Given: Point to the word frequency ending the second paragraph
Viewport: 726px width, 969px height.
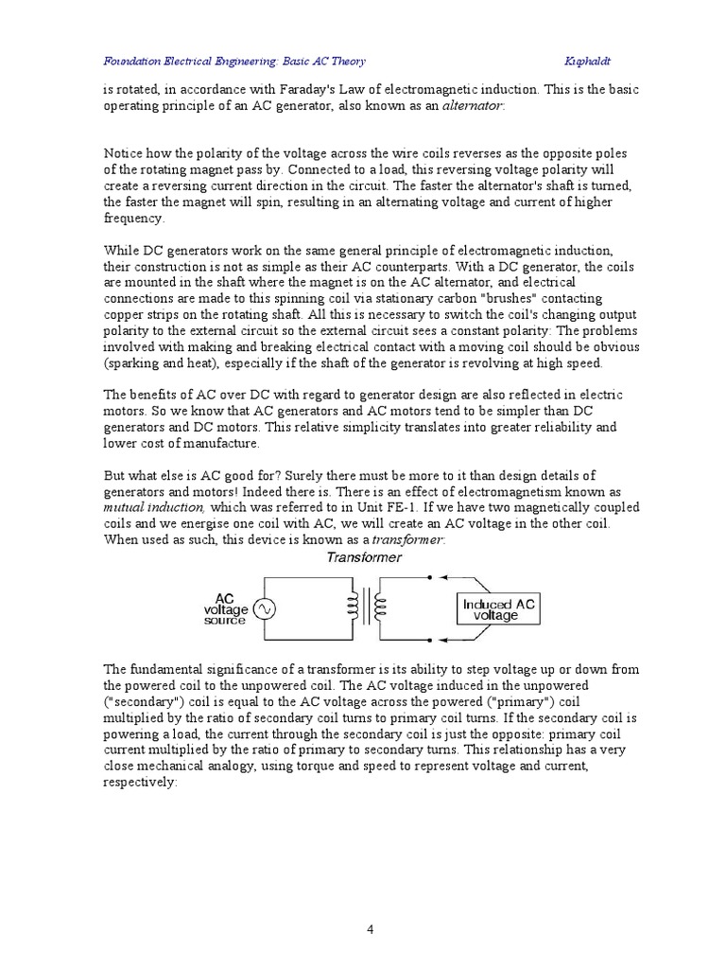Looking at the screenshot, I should point(133,218).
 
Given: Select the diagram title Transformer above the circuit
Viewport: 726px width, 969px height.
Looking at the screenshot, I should point(363,557).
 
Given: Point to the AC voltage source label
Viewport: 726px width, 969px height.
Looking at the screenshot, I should point(225,609).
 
